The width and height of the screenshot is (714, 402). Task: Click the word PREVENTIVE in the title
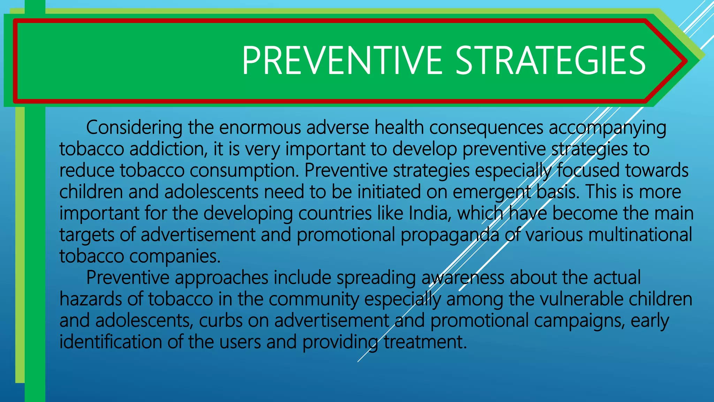coord(342,61)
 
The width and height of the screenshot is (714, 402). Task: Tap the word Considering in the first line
coord(134,128)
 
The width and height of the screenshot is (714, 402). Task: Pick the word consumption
coord(244,171)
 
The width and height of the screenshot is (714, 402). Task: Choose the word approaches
coord(221,278)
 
